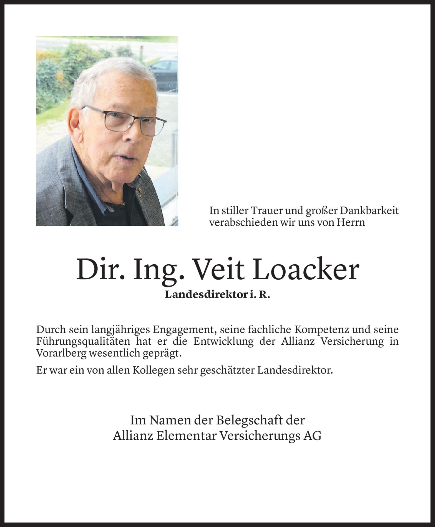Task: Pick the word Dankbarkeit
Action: click(x=369, y=211)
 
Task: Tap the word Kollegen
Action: click(x=159, y=370)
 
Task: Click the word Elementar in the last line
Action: click(x=186, y=436)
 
